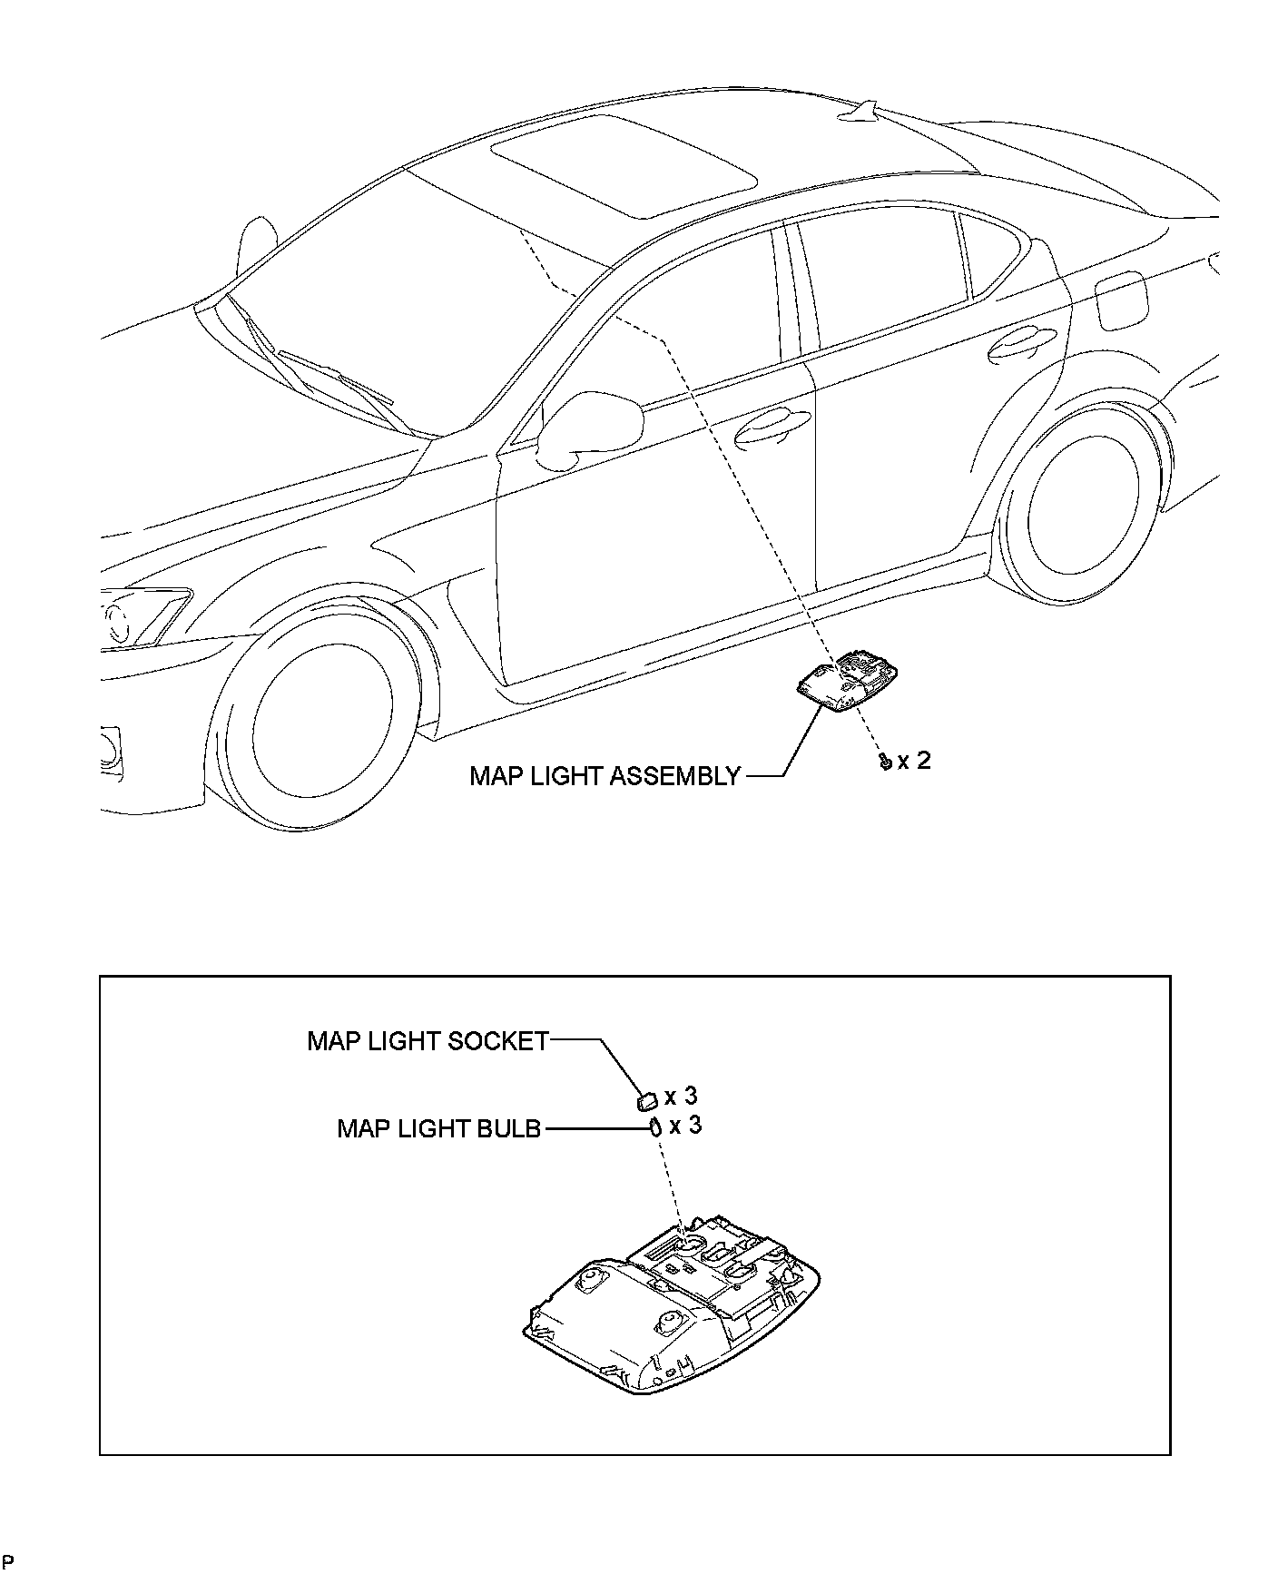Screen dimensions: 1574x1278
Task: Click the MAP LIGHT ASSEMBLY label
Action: tap(605, 776)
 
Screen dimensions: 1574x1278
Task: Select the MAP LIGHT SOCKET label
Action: tap(428, 1040)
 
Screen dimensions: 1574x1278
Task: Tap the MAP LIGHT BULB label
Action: tap(438, 1128)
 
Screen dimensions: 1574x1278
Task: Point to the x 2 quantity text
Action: tap(914, 761)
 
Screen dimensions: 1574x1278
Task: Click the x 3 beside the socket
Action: tap(681, 1097)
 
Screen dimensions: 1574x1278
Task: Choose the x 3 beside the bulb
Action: tap(685, 1126)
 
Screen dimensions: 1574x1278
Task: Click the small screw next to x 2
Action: tap(883, 762)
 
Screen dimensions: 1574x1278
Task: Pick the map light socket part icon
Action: tap(647, 1101)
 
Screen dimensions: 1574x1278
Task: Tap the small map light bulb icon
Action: tap(653, 1128)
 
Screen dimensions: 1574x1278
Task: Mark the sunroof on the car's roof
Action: tap(624, 165)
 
